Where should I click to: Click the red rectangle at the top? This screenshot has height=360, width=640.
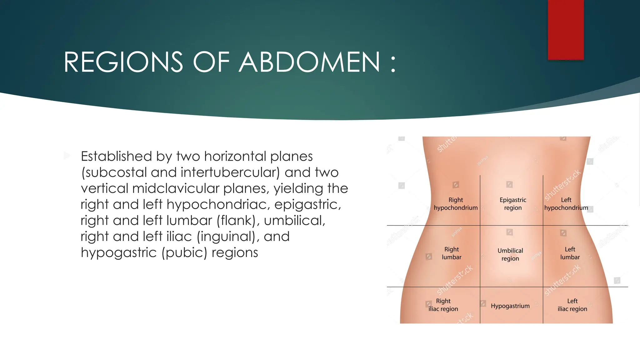[566, 30]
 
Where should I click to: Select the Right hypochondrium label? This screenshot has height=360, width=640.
[456, 204]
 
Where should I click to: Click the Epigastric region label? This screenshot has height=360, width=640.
[513, 204]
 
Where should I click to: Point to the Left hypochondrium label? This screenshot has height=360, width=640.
[566, 204]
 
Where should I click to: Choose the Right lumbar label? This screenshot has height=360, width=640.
[452, 253]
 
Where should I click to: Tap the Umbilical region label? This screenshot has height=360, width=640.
[510, 254]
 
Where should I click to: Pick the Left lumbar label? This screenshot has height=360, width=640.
[570, 253]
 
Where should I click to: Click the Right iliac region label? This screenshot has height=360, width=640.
[443, 305]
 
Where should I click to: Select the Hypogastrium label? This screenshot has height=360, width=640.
[510, 306]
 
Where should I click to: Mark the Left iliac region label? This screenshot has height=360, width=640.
[572, 305]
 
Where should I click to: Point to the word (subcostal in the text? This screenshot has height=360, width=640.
[114, 172]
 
